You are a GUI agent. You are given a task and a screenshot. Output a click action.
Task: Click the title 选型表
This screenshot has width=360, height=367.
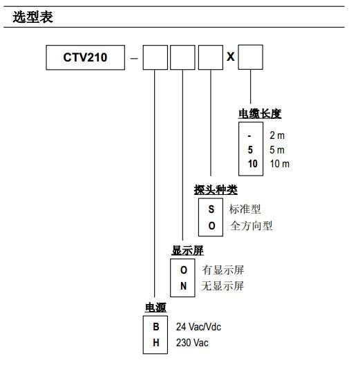click(32, 17)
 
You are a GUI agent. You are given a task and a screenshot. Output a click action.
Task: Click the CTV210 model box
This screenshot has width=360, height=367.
click(86, 57)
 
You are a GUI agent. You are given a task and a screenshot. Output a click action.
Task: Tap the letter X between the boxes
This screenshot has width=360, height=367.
click(231, 57)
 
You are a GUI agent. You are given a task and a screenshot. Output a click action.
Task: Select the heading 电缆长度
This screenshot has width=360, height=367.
click(260, 114)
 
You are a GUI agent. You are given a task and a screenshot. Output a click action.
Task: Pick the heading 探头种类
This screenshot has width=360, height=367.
click(216, 190)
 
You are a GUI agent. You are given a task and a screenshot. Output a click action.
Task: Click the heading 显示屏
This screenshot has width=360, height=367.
click(187, 251)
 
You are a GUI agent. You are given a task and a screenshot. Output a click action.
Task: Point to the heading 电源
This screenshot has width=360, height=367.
click(155, 308)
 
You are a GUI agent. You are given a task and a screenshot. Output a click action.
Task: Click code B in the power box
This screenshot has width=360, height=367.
click(156, 327)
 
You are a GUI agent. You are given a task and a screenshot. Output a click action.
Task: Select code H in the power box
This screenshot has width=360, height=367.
click(156, 343)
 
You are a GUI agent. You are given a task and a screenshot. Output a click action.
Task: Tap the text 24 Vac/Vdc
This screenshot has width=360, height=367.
click(198, 327)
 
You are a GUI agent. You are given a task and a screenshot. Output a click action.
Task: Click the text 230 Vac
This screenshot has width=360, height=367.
click(192, 343)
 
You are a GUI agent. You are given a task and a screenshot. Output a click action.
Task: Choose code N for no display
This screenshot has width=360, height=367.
click(184, 285)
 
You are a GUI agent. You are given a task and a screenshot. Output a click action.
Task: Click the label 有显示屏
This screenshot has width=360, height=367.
click(223, 270)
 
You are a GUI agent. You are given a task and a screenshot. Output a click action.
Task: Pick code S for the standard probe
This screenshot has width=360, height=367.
click(211, 209)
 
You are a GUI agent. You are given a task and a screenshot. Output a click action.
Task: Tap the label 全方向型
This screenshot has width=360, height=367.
click(251, 226)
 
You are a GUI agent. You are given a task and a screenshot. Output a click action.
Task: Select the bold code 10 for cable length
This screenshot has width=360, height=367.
click(253, 164)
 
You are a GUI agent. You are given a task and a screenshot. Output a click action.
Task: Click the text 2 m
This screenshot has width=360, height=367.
click(277, 135)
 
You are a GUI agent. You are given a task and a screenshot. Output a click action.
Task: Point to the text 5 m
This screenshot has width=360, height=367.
click(277, 150)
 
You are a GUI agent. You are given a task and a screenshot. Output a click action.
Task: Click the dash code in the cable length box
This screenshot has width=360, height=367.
click(249, 135)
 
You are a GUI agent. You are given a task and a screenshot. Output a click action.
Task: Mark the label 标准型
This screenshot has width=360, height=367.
click(245, 209)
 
